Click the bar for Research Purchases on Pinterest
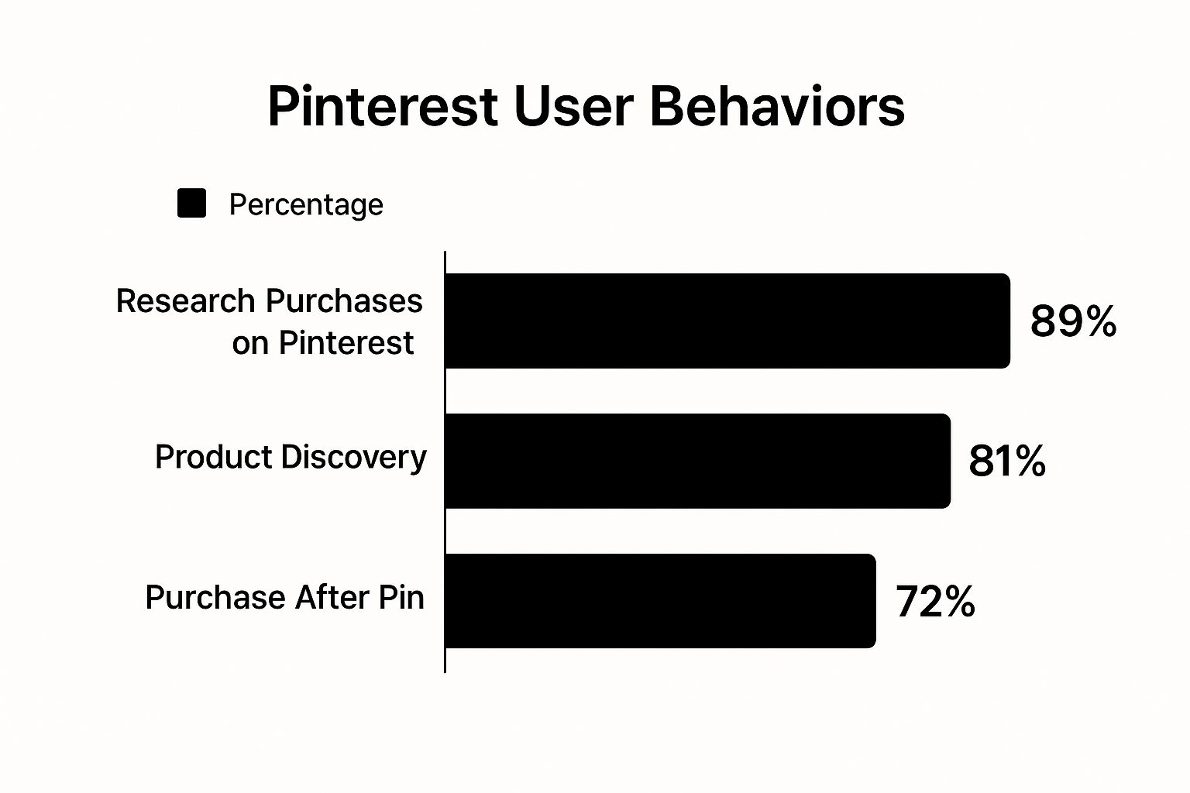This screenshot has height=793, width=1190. (727, 321)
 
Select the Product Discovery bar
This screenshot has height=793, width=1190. (697, 461)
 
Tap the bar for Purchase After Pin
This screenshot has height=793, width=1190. (660, 601)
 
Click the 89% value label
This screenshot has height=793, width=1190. (1073, 321)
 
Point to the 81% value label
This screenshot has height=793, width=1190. (1006, 461)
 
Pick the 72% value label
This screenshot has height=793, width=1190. (935, 601)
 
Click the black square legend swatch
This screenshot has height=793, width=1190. (191, 204)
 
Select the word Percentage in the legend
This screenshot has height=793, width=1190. (306, 204)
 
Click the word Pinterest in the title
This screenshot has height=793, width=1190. (382, 106)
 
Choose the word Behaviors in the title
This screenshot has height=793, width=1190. (777, 106)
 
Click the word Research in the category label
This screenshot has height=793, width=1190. (185, 300)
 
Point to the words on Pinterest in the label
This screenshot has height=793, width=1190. (323, 342)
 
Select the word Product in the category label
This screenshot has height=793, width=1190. (212, 457)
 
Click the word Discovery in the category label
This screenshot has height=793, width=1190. (354, 457)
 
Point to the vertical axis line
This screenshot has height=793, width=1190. (445, 465)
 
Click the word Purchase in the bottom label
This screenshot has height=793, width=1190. (215, 597)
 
